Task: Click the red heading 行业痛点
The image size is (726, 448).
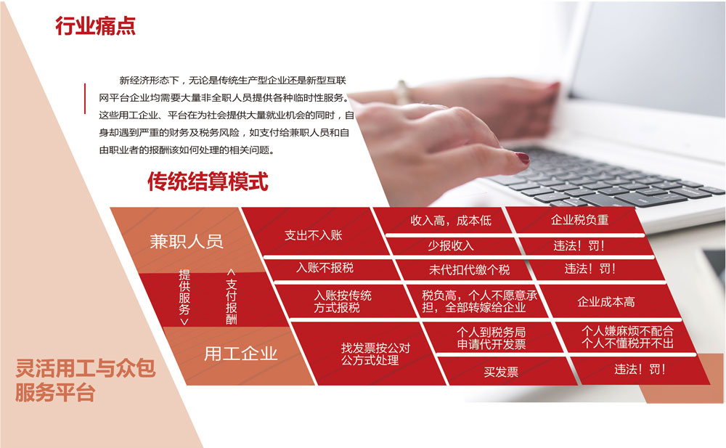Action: [x=95, y=26]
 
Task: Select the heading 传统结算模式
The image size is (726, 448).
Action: [x=208, y=181]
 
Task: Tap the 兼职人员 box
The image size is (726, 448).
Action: [x=187, y=240]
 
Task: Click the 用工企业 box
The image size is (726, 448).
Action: [x=240, y=354]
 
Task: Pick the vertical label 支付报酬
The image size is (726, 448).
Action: [x=232, y=296]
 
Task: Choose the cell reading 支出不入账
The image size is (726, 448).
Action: [x=314, y=235]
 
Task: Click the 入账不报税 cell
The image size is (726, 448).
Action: [x=325, y=268]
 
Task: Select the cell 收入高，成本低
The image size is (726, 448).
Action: [x=451, y=221]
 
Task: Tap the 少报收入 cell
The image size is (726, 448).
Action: [x=451, y=245]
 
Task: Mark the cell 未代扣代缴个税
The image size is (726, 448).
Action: [x=469, y=269]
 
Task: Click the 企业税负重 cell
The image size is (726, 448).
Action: [x=579, y=219]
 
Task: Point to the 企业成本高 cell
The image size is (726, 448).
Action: [x=606, y=302]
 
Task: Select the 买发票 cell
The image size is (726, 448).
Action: [x=501, y=372]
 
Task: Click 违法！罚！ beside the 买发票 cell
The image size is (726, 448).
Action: [x=640, y=370]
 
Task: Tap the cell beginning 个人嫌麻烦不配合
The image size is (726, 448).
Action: [x=627, y=337]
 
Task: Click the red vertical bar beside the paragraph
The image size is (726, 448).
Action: [x=85, y=98]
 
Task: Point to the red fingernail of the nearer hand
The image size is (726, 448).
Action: [x=523, y=158]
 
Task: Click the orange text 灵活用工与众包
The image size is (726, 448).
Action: [x=86, y=368]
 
